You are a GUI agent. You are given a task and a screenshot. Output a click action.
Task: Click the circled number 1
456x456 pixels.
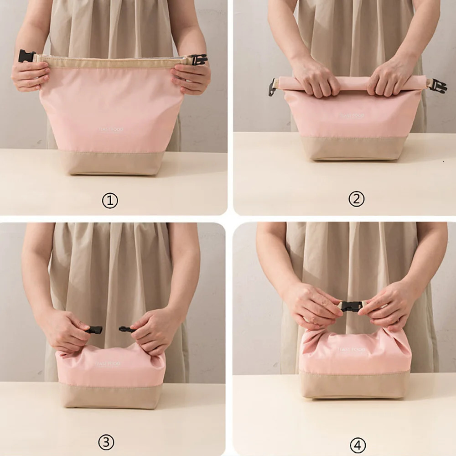click(110, 201)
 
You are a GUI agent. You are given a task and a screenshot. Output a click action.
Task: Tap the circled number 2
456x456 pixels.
click(356, 199)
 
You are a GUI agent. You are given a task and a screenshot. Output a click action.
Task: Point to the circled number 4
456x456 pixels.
click(358, 445)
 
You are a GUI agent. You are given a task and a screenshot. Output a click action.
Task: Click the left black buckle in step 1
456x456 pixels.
click(26, 56)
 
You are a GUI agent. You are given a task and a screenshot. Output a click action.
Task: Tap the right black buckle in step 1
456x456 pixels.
click(198, 59)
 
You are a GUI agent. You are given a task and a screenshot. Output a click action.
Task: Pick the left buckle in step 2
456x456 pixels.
click(272, 87)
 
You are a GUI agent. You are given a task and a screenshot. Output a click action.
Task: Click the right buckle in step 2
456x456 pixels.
click(438, 85)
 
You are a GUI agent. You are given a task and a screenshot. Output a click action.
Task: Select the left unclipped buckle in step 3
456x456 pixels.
click(95, 330)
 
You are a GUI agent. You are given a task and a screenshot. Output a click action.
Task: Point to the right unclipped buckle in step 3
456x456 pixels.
click(126, 329)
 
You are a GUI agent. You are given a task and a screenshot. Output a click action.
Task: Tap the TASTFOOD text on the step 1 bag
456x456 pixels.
click(111, 130)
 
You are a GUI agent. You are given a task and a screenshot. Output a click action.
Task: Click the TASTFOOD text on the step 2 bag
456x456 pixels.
click(352, 116)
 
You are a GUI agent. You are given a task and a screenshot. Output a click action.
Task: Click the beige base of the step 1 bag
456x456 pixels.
click(112, 163)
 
